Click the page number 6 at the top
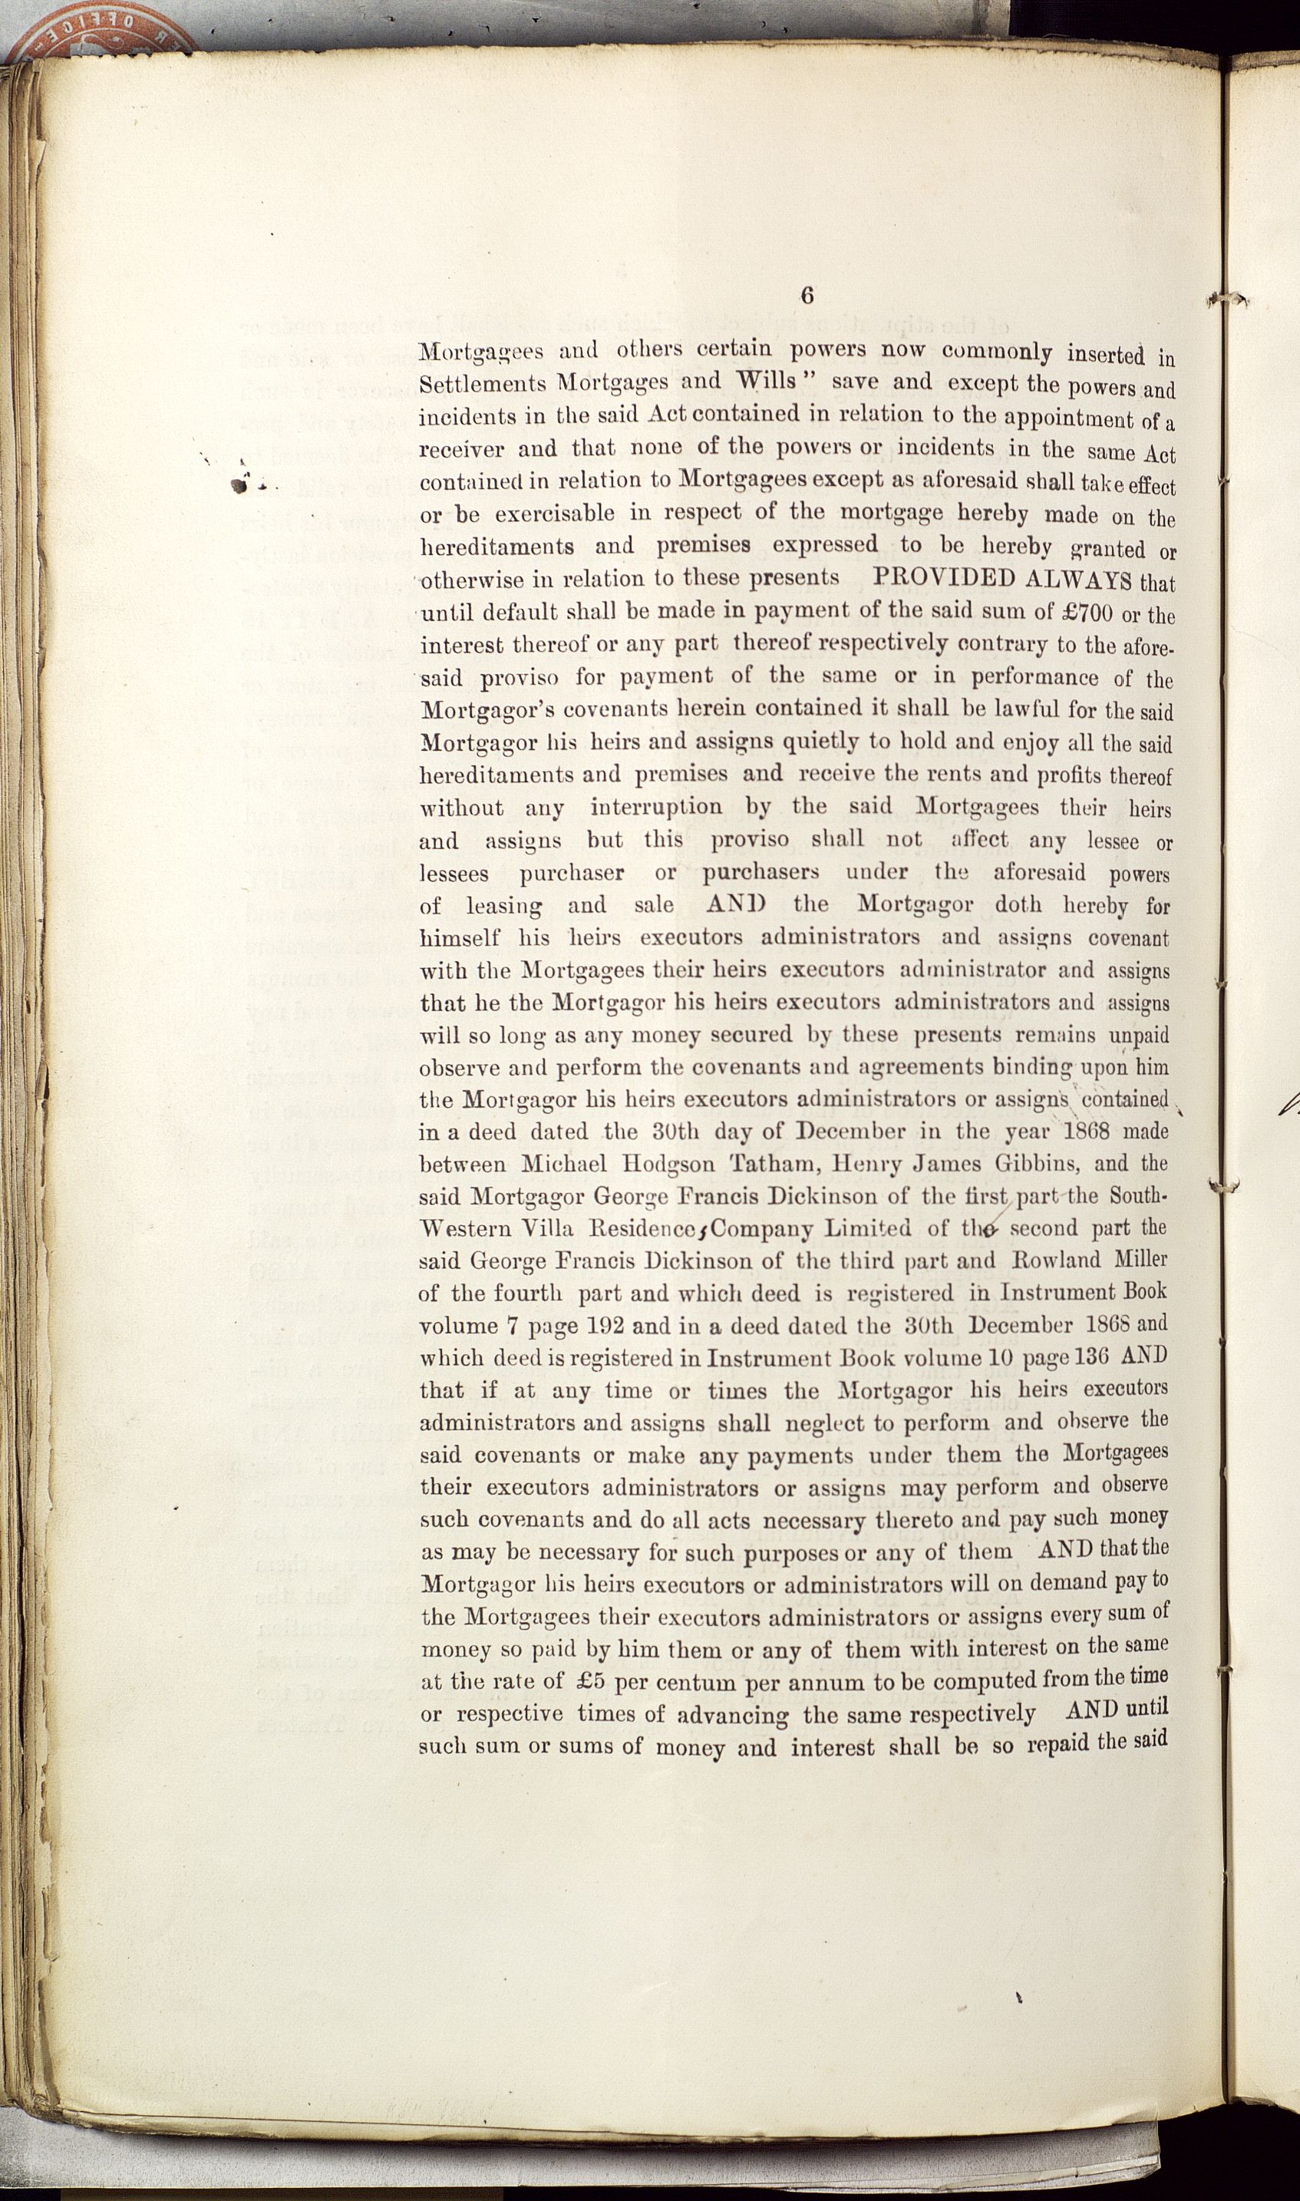tap(807, 296)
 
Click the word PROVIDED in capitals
tap(945, 579)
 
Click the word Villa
tap(549, 1228)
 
